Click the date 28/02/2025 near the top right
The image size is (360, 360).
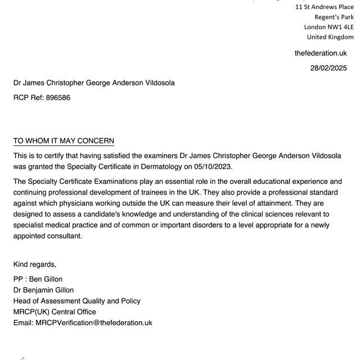pyautogui.click(x=328, y=68)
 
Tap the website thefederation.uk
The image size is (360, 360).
pyautogui.click(x=321, y=53)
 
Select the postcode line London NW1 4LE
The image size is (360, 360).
pyautogui.click(x=328, y=27)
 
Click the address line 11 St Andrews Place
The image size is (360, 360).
pyautogui.click(x=325, y=7)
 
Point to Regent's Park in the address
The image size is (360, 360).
pyautogui.click(x=334, y=17)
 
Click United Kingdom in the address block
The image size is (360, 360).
pyautogui.click(x=330, y=37)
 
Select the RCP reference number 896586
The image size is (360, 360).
pyautogui.click(x=58, y=97)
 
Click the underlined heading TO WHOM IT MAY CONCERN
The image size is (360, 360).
pyautogui.click(x=64, y=141)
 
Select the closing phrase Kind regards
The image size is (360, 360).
pyautogui.click(x=35, y=264)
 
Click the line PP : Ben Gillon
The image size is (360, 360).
pyautogui.click(x=38, y=280)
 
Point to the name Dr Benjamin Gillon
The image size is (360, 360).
pyautogui.click(x=46, y=290)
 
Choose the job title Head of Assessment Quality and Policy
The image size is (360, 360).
pyautogui.click(x=77, y=301)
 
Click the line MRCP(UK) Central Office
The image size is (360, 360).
pyautogui.click(x=55, y=312)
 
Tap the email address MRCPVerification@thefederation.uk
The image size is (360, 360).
pyautogui.click(x=94, y=323)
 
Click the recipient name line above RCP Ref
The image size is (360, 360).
pyautogui.click(x=94, y=83)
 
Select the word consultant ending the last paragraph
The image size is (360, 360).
pyautogui.click(x=64, y=236)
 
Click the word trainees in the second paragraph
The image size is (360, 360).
pyautogui.click(x=172, y=193)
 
